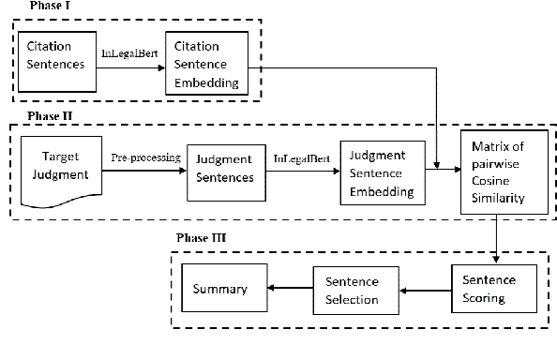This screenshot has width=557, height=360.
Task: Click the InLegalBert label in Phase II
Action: (299, 158)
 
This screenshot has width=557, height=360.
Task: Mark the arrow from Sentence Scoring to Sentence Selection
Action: (424, 292)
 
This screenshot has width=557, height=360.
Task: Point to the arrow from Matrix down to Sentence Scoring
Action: (495, 238)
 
